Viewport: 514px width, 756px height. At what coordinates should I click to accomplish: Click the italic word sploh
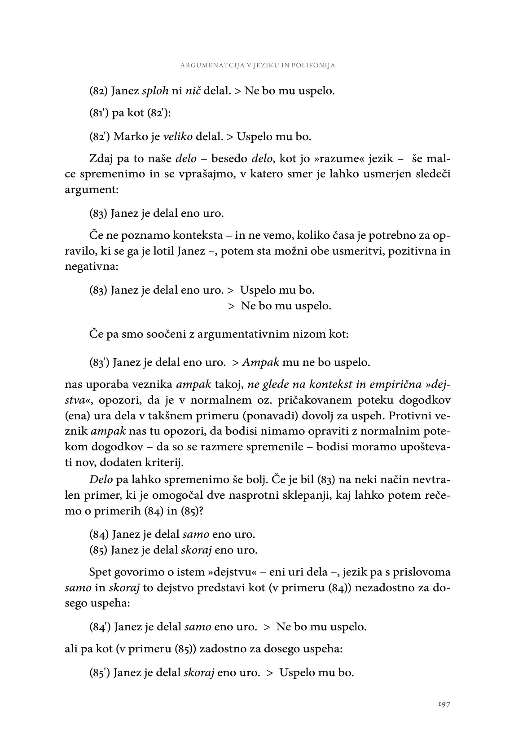click(155, 91)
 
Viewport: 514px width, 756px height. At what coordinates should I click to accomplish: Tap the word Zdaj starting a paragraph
click(101, 159)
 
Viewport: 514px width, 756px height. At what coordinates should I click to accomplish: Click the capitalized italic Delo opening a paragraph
click(101, 479)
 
